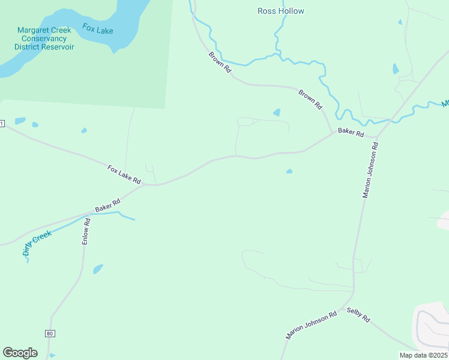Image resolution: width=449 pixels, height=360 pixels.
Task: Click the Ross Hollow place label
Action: coord(280,11)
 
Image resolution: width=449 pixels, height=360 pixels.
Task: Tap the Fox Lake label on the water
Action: coord(98,29)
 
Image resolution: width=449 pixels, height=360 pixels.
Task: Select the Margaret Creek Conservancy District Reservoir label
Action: coord(44,38)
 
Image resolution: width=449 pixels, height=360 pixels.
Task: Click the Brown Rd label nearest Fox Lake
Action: coord(220,62)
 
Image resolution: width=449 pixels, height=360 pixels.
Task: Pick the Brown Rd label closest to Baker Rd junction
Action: coord(310,99)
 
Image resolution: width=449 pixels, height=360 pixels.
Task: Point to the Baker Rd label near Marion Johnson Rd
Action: coord(351,132)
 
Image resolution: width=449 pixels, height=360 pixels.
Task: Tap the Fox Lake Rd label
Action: coord(124,175)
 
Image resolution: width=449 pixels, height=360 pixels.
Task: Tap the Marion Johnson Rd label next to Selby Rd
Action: coord(311,326)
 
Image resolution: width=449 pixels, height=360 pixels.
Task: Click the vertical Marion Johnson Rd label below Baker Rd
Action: coord(370,170)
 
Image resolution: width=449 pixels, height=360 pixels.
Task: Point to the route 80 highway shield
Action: coord(49,333)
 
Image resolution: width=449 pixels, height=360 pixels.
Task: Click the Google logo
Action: coord(20,353)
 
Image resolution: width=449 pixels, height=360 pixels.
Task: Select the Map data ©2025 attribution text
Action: coord(423,355)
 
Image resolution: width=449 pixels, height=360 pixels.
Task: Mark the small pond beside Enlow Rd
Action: coord(98,269)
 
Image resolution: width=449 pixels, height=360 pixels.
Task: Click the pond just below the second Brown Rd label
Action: coord(277,112)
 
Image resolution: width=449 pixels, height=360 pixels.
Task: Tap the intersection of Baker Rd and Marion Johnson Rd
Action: coord(378,137)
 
